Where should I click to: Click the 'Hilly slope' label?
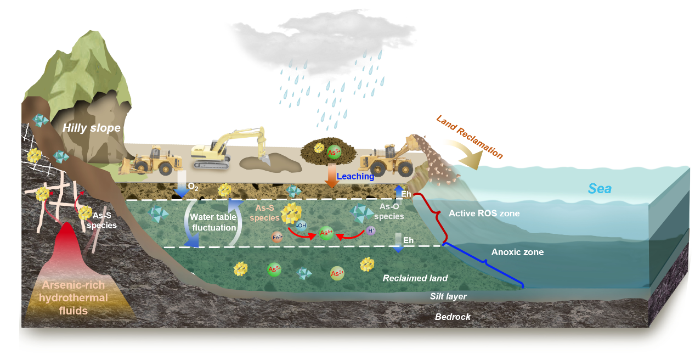click(x=91, y=128)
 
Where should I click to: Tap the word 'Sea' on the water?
click(x=600, y=189)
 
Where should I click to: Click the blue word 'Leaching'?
click(x=355, y=177)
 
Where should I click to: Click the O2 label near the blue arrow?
click(x=193, y=187)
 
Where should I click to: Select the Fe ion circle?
click(x=278, y=238)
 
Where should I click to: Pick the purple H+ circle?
click(x=371, y=231)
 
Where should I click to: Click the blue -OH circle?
click(x=301, y=225)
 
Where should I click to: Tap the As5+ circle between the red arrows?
click(x=326, y=233)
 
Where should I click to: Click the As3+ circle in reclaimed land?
click(x=337, y=273)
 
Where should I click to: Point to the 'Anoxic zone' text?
click(x=517, y=252)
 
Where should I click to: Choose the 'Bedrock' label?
click(x=453, y=317)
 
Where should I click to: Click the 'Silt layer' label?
click(x=448, y=296)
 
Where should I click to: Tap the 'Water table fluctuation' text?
click(x=213, y=222)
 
